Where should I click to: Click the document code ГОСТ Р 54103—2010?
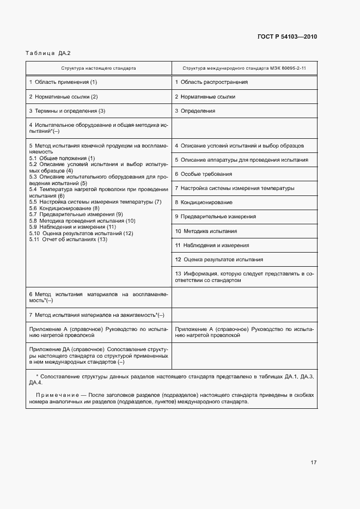coord(287,37)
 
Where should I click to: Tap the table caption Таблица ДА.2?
coord(48,53)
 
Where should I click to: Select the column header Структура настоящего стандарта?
coord(99,69)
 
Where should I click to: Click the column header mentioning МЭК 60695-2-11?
coord(244,69)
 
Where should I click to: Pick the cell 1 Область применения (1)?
coord(63,82)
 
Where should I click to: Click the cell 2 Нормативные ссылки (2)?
coord(63,96)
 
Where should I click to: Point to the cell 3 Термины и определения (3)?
coord(67,111)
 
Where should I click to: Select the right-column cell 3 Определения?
coord(195,111)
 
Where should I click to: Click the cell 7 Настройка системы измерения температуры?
coord(235,188)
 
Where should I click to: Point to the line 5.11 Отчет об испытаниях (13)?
coord(68,240)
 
